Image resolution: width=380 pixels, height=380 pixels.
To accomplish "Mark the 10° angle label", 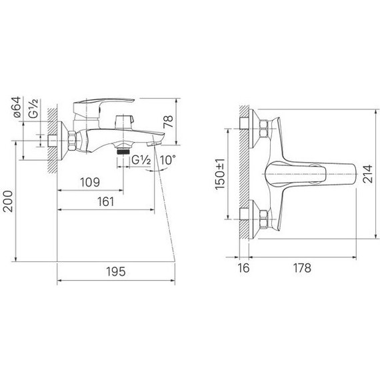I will [x=167, y=159].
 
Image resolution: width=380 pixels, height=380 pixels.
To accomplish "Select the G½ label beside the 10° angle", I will [x=140, y=160].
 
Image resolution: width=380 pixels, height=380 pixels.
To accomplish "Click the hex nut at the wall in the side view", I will [x=69, y=141].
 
